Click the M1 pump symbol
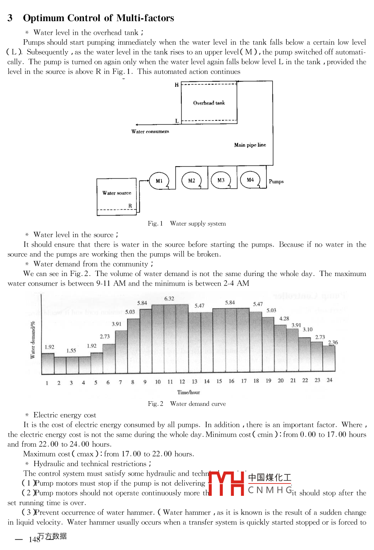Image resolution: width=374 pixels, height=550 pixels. [159, 181]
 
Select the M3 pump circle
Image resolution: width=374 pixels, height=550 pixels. [221, 180]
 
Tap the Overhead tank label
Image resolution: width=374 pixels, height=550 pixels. [209, 103]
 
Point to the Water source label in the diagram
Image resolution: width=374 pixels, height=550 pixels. [117, 193]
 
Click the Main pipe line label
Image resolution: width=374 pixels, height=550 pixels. [250, 145]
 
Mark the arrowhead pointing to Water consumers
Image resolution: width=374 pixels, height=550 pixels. [137, 124]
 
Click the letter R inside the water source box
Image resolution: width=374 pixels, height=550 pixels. [130, 206]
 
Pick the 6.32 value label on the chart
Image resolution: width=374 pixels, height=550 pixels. [169, 298]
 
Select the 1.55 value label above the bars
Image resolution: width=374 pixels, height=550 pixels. [71, 350]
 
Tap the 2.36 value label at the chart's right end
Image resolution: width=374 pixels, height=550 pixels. [333, 342]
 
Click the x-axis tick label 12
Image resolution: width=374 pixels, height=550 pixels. [182, 382]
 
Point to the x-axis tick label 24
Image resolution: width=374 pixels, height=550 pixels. [329, 380]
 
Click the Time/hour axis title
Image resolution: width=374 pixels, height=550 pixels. [188, 392]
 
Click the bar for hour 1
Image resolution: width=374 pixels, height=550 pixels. [48, 364]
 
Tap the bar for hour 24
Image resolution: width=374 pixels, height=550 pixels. [329, 358]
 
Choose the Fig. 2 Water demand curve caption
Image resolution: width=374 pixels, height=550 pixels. [187, 404]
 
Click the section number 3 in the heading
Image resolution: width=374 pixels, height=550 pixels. [10, 18]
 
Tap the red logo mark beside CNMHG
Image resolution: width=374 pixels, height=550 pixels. [226, 483]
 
